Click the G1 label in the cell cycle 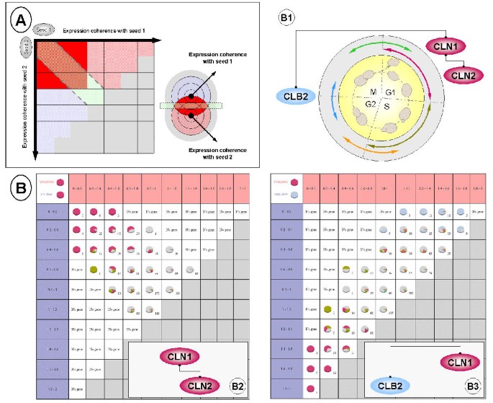tap(390, 92)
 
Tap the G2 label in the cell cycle tap(369, 106)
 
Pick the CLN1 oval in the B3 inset tap(458, 360)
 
